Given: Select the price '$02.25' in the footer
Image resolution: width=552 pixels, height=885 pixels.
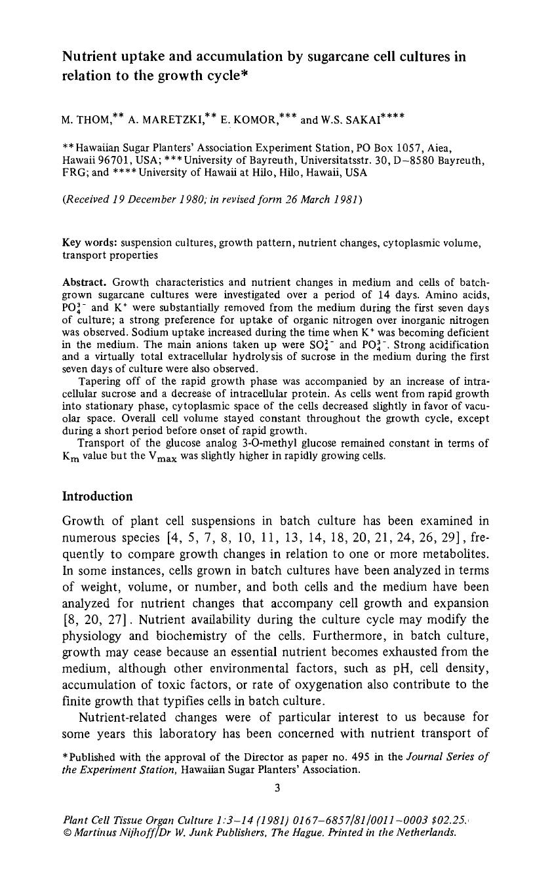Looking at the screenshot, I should (x=449, y=819).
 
